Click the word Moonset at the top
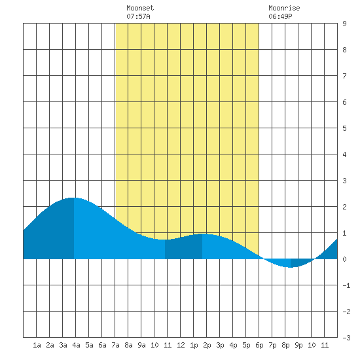[140, 8]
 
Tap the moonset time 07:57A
[138, 16]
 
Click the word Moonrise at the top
[284, 8]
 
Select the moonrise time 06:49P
[280, 16]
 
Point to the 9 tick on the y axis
[344, 24]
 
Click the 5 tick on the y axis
[344, 128]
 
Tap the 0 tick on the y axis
[344, 259]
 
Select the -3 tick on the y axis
[347, 338]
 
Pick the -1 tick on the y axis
[347, 285]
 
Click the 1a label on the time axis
[37, 345]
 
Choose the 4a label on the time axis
[76, 345]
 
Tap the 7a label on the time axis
[115, 345]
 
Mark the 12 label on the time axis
[181, 345]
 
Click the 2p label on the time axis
[207, 345]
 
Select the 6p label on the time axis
[259, 345]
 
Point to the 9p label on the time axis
[298, 345]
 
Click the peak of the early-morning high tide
[74, 198]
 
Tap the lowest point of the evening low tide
[291, 267]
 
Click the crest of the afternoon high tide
[202, 234]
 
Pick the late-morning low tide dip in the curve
[165, 240]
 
